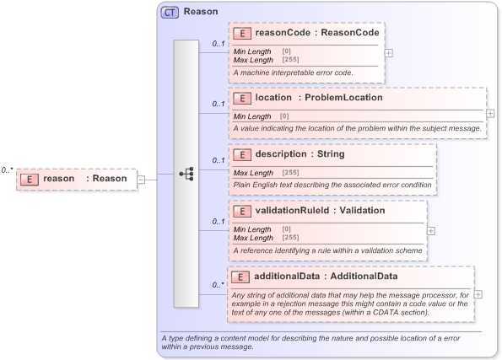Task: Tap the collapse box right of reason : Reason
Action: click(141, 179)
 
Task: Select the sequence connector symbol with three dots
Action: click(186, 174)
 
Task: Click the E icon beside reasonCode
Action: click(242, 34)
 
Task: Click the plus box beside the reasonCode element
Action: click(388, 52)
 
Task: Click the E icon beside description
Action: click(242, 154)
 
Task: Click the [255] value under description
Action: click(290, 173)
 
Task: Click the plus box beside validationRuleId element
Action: click(431, 229)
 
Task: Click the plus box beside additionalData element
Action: click(478, 294)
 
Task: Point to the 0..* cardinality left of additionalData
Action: click(218, 285)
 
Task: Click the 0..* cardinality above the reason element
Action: click(7, 169)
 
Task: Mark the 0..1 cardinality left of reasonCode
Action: click(218, 44)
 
